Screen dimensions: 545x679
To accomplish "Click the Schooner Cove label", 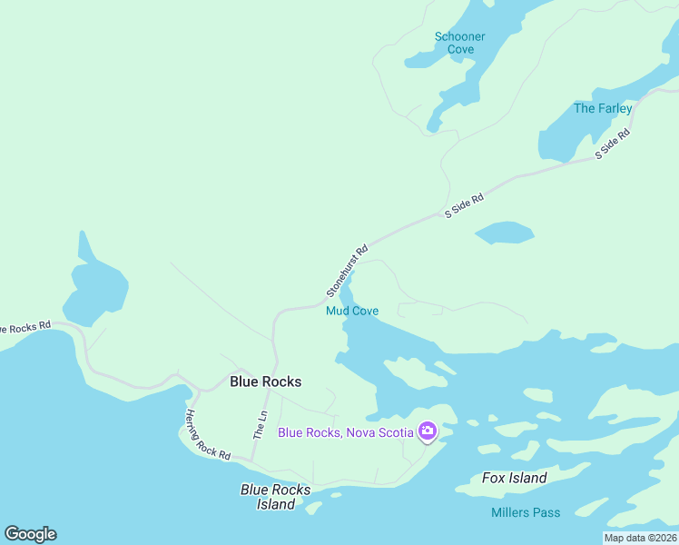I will (460, 43).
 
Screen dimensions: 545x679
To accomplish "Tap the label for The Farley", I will (603, 108).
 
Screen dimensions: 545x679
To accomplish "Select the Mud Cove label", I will (352, 311).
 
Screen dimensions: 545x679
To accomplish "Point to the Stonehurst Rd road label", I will (347, 271).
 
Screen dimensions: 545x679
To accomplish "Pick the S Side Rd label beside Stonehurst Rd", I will (463, 205).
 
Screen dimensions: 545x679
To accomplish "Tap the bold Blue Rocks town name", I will (265, 381).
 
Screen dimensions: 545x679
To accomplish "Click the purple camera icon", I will (427, 431).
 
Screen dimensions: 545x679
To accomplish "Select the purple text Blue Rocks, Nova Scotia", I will (346, 432).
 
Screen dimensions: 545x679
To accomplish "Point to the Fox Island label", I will (515, 478).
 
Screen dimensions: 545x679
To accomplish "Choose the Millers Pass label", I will (526, 512).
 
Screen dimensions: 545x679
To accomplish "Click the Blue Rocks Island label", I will (276, 497).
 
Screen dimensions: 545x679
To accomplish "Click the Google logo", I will (30, 534).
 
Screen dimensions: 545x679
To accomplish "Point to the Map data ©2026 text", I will (640, 538).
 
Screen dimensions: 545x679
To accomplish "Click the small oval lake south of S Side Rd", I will (504, 233).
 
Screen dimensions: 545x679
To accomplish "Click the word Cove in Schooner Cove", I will (460, 49).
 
